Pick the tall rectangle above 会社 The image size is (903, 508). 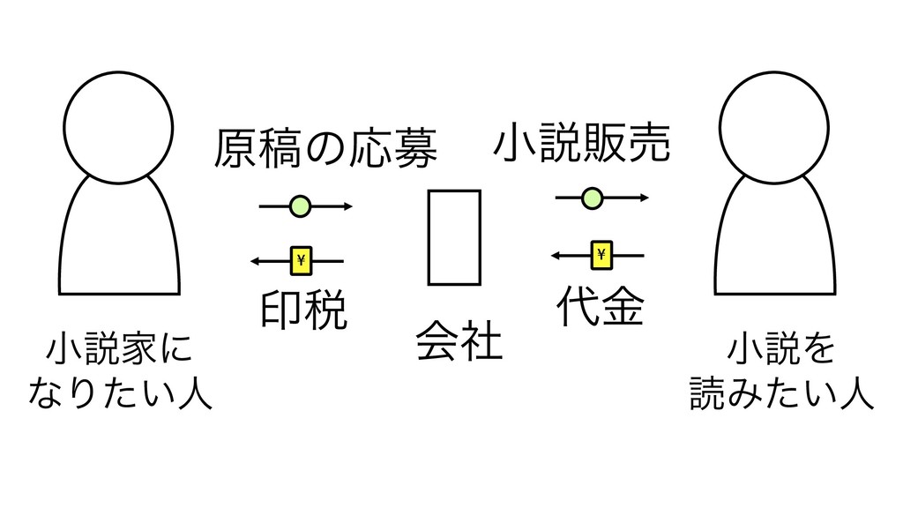(454, 237)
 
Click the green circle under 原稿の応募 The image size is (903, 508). (302, 207)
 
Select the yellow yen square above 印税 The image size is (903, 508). (302, 260)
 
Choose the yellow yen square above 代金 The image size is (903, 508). (602, 255)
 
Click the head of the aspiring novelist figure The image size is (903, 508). (118, 123)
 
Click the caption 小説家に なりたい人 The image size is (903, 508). (120, 370)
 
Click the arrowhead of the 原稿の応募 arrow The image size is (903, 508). (348, 207)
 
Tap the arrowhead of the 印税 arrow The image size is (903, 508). (254, 260)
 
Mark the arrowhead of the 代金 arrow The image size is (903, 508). (555, 255)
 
